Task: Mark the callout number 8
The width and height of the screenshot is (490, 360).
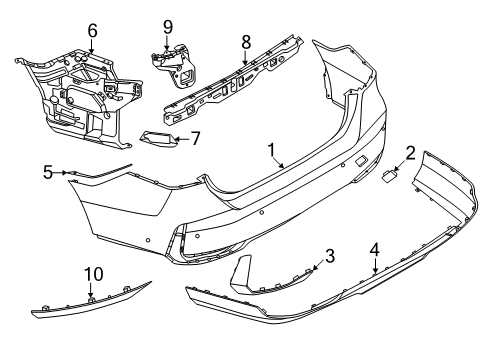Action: (x=245, y=42)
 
